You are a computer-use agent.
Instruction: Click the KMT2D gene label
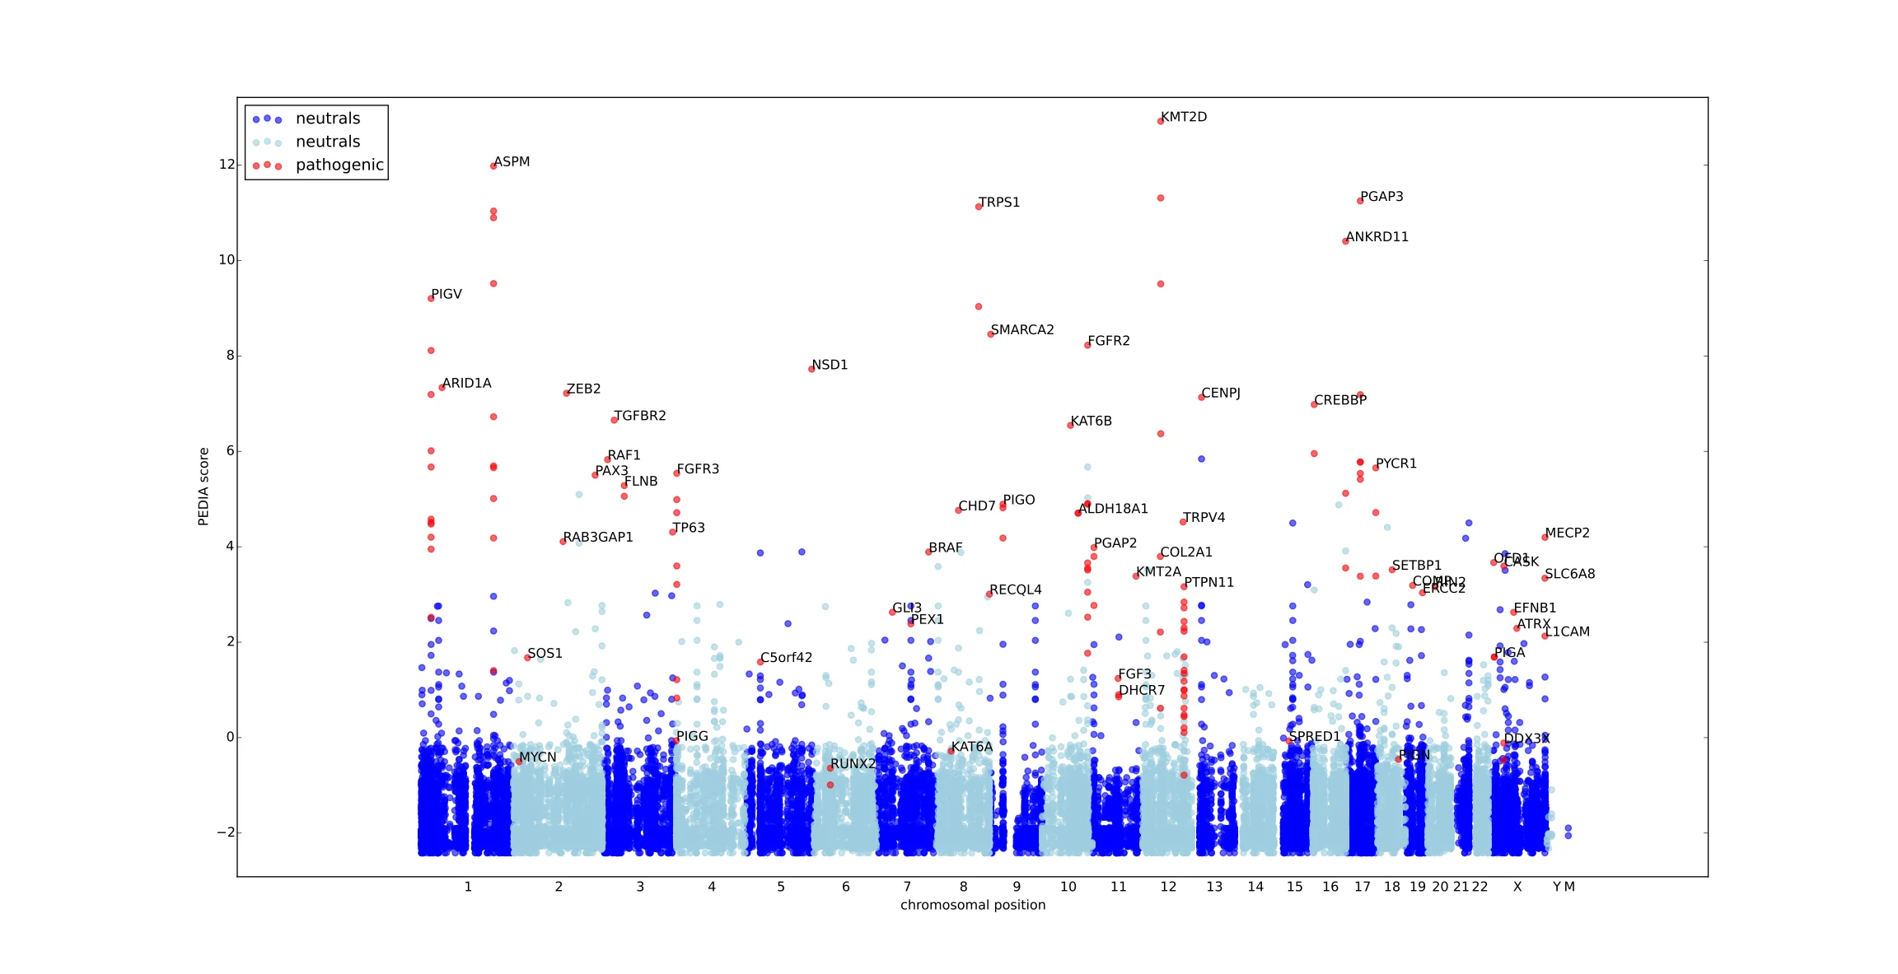pyautogui.click(x=1184, y=117)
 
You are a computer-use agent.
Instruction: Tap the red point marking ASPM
pyautogui.click(x=493, y=165)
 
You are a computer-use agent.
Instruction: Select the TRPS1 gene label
pyautogui.click(x=999, y=203)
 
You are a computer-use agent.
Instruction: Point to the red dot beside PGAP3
pyautogui.click(x=1360, y=201)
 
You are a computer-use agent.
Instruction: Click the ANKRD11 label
pyautogui.click(x=1377, y=237)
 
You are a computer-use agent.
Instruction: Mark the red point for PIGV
pyautogui.click(x=431, y=298)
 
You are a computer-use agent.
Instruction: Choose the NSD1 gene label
pyautogui.click(x=830, y=365)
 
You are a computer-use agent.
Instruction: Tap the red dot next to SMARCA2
pyautogui.click(x=991, y=334)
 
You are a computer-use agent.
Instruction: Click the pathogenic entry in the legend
pyautogui.click(x=339, y=165)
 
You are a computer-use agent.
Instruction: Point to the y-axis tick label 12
pyautogui.click(x=227, y=165)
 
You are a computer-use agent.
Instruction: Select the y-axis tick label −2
pyautogui.click(x=226, y=832)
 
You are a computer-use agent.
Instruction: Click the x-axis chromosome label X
pyautogui.click(x=1517, y=887)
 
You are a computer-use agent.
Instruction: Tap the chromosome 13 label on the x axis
pyautogui.click(x=1214, y=887)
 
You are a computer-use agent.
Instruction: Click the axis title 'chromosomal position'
pyautogui.click(x=973, y=905)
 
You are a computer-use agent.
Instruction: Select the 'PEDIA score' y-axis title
pyautogui.click(x=203, y=487)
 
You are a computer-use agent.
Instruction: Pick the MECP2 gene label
pyautogui.click(x=1567, y=534)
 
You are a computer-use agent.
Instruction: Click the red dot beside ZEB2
pyautogui.click(x=566, y=394)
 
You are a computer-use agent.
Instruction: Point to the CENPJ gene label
pyautogui.click(x=1221, y=394)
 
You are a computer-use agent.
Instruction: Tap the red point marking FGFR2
pyautogui.click(x=1087, y=345)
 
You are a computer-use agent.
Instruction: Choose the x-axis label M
pyautogui.click(x=1569, y=887)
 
